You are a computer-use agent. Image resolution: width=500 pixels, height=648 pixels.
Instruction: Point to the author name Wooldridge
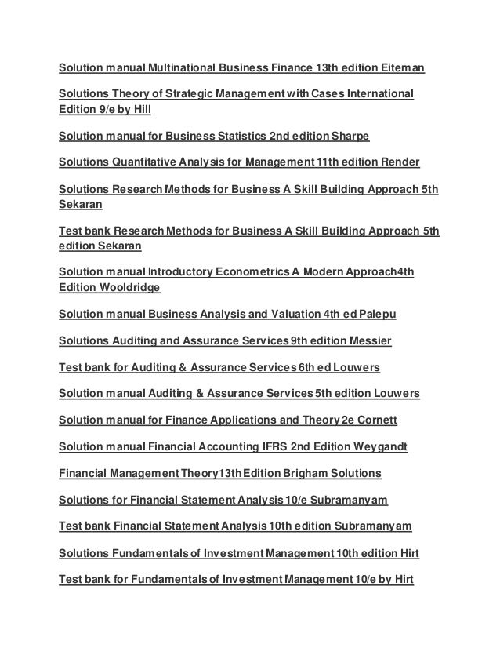tap(129, 288)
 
